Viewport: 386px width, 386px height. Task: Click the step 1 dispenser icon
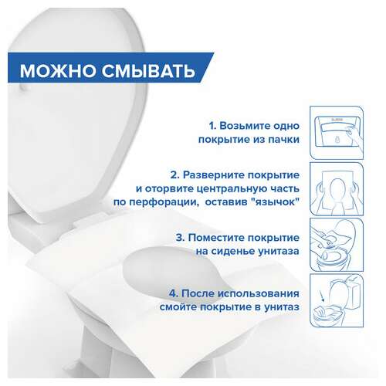tap(336, 131)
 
